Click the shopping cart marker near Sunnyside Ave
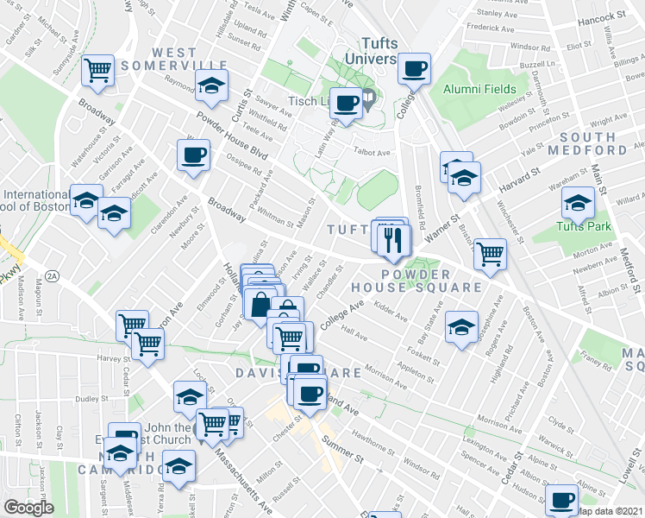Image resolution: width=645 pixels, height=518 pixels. click(x=98, y=69)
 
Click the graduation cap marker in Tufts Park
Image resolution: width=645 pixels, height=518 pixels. click(x=577, y=204)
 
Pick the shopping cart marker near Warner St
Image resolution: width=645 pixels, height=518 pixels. click(x=490, y=254)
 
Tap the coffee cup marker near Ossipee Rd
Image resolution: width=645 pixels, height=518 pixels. click(x=193, y=155)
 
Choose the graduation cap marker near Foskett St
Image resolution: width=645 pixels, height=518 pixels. click(x=461, y=326)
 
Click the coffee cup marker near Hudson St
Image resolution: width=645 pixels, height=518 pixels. click(x=562, y=499)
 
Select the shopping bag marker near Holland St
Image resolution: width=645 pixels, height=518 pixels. click(x=260, y=305)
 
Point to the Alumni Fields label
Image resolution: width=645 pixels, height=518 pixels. click(x=479, y=89)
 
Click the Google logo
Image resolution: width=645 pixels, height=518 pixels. click(x=28, y=507)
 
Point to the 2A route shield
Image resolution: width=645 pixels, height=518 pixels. click(x=52, y=276)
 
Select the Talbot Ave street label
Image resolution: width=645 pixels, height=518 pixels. click(x=373, y=153)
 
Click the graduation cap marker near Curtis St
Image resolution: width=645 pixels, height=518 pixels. click(x=210, y=85)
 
